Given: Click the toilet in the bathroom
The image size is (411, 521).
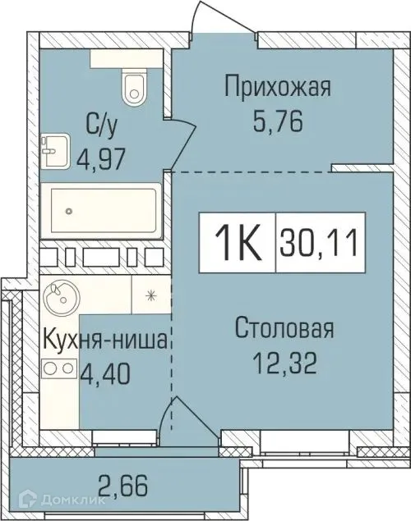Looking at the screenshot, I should click(x=132, y=87).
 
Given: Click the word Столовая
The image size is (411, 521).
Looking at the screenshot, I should click(x=284, y=329).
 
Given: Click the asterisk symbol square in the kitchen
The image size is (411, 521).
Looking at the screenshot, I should click(x=151, y=294).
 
